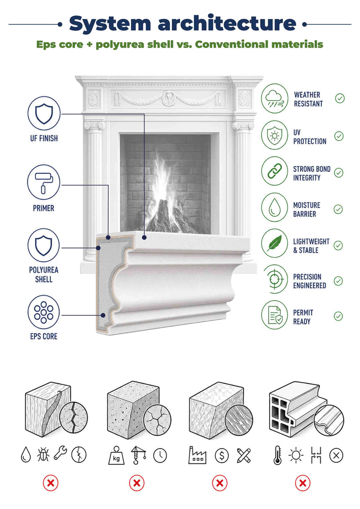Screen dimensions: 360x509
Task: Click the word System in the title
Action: coord(110,24)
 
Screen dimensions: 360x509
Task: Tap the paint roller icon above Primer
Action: coord(44,182)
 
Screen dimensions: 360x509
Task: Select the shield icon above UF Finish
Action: coord(44,113)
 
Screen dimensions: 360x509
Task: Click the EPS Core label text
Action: coord(44,336)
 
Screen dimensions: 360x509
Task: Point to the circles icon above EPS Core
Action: coord(44,312)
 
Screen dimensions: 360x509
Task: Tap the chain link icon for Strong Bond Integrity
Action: coord(274,171)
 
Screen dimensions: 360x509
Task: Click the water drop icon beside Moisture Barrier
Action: coord(274,207)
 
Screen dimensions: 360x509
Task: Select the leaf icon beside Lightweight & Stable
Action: coord(274,243)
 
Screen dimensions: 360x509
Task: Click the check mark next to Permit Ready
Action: coord(338,316)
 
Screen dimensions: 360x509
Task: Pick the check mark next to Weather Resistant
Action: coord(340,99)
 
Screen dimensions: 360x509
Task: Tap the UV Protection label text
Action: coord(310,137)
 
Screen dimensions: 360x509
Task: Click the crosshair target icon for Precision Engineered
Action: coord(274,279)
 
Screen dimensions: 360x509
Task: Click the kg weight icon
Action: coord(116,455)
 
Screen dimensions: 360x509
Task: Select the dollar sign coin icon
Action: coord(222,455)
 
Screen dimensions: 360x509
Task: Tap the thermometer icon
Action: coord(278,455)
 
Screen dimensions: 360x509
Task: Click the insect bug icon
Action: coord(43,455)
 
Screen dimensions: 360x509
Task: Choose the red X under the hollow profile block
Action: coord(302,483)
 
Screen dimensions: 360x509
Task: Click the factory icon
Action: coord(198,455)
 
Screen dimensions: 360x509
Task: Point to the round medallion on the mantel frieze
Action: coord(169,98)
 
